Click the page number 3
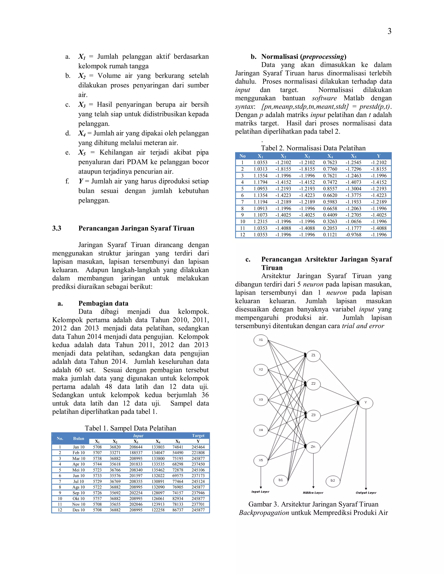point(389,31)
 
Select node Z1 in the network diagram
point(313,355)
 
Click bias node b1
point(281,480)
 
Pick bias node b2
point(333,480)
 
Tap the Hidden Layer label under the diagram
point(313,493)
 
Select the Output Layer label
point(366,493)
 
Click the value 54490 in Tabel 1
point(178,452)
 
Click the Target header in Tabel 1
point(198,436)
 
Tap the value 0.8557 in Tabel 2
point(330,189)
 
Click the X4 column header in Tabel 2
point(330,156)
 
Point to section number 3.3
point(57,228)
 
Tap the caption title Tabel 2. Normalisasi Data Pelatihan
point(313,148)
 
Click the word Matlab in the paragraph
point(354,98)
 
